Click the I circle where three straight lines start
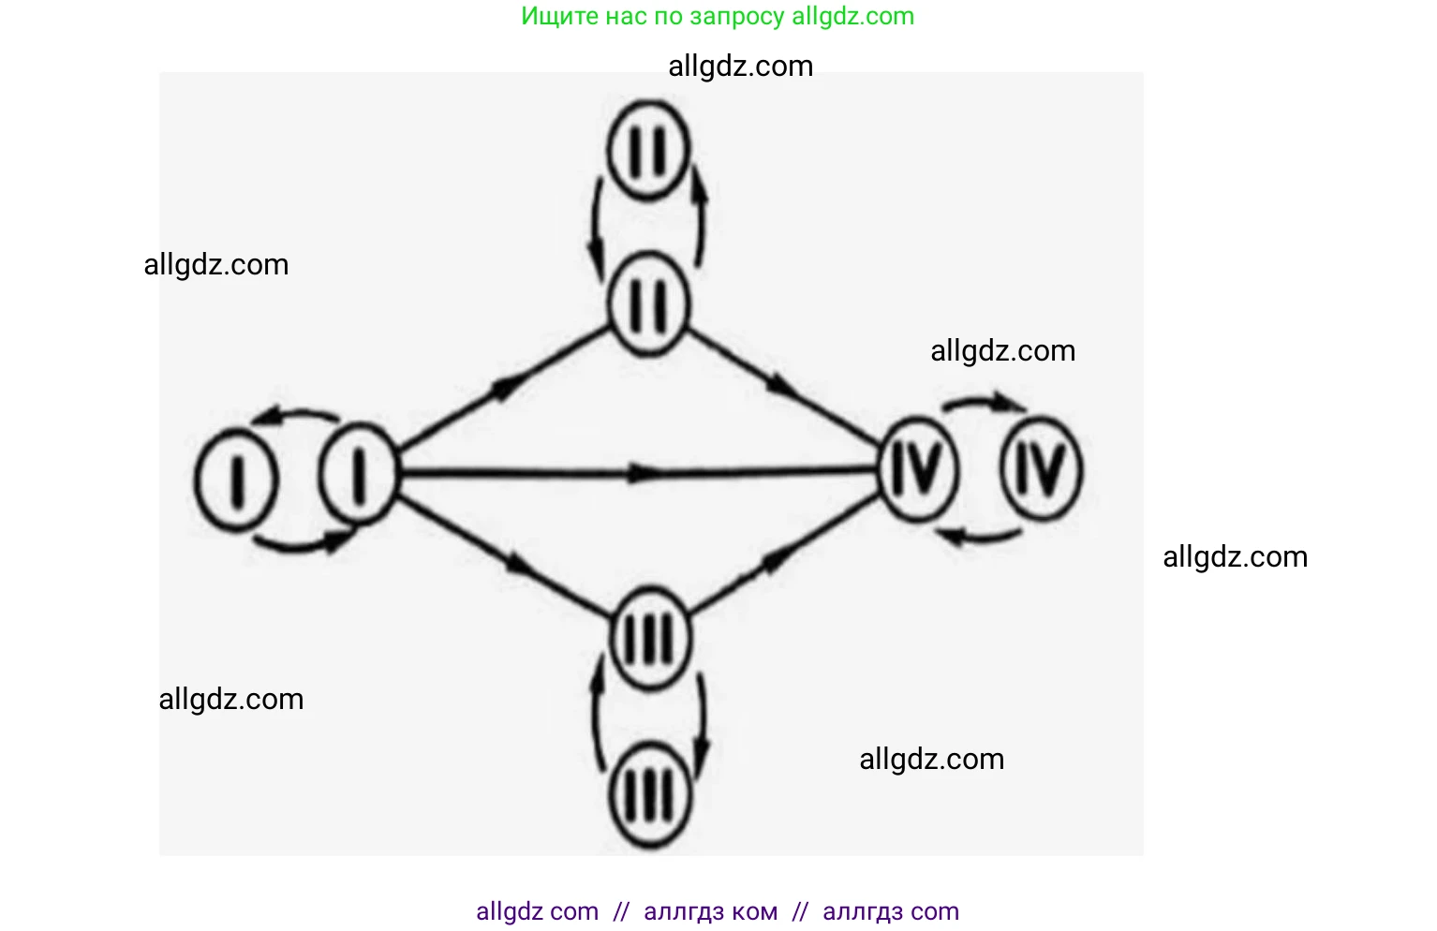point(357,473)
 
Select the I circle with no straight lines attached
point(235,480)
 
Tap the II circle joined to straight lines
point(647,305)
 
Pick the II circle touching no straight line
point(647,150)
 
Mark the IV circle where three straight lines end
point(918,468)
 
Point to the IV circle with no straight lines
point(1041,468)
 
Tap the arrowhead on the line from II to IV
point(783,383)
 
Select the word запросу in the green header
point(737,16)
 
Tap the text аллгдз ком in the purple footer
point(710,911)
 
